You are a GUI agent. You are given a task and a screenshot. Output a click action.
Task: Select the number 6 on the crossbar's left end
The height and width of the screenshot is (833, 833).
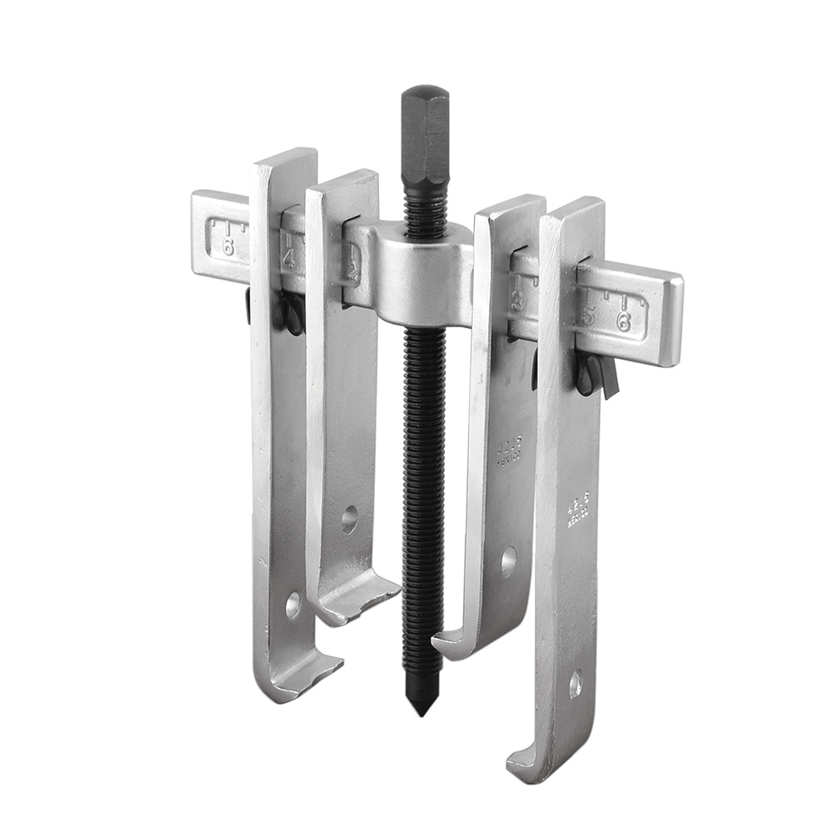pyautogui.click(x=227, y=247)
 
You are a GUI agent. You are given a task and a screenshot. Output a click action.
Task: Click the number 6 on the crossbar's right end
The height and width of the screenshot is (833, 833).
pyautogui.click(x=623, y=322)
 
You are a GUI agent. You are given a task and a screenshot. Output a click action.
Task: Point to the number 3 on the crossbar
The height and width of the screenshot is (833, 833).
pyautogui.click(x=517, y=302)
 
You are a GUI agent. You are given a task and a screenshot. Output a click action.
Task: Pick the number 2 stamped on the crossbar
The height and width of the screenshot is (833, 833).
pyautogui.click(x=353, y=271)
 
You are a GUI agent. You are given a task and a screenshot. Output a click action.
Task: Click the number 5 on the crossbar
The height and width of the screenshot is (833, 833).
pyautogui.click(x=588, y=316)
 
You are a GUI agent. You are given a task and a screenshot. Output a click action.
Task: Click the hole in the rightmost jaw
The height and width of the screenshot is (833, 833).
pyautogui.click(x=575, y=684)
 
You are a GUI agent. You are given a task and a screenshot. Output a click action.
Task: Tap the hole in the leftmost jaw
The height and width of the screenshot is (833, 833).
pyautogui.click(x=292, y=604)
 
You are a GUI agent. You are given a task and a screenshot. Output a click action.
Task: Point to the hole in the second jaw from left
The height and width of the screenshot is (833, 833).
pyautogui.click(x=349, y=519)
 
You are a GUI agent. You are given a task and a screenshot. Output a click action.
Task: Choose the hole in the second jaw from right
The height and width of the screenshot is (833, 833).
pyautogui.click(x=508, y=561)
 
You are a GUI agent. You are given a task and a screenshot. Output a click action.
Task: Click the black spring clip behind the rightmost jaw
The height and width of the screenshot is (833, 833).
pyautogui.click(x=596, y=373)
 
